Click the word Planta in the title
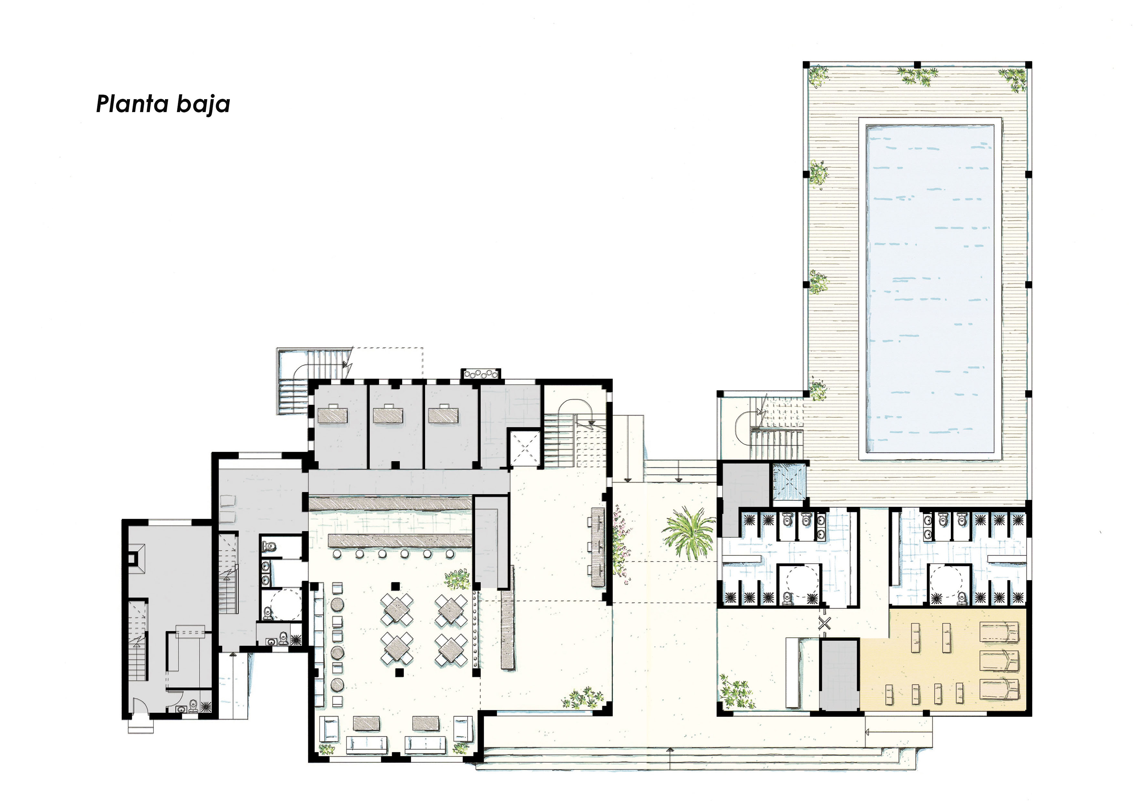[x=128, y=104]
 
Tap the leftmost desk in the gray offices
[x=334, y=415]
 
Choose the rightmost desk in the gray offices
[x=444, y=415]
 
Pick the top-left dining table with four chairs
[x=397, y=609]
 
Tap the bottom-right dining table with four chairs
[x=451, y=649]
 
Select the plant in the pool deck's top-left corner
[x=818, y=76]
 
